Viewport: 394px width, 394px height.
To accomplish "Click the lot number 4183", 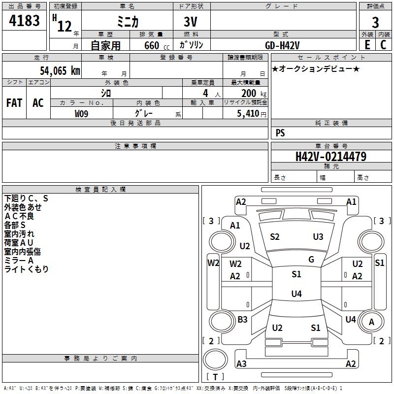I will (24, 21).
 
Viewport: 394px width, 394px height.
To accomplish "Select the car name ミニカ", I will (128, 22).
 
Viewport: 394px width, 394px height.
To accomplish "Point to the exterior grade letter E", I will (367, 45).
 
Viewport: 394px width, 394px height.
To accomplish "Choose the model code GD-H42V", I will (282, 45).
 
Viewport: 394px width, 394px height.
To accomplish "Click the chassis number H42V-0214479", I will (330, 157).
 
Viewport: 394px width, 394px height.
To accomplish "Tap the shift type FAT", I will (14, 103).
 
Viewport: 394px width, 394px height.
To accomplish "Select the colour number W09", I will (82, 114).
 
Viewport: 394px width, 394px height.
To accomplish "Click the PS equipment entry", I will (280, 133).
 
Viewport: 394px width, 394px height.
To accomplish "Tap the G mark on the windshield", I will (311, 260).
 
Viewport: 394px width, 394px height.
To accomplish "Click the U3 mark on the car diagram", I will (318, 237).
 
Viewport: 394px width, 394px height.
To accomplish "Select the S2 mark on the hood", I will (275, 237).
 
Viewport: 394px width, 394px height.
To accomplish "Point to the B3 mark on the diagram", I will (242, 320).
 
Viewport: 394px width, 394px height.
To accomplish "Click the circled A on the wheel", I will (372, 322).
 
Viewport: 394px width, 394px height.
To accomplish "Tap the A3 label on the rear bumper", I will (241, 364).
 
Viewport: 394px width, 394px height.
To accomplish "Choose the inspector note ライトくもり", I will (27, 269).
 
